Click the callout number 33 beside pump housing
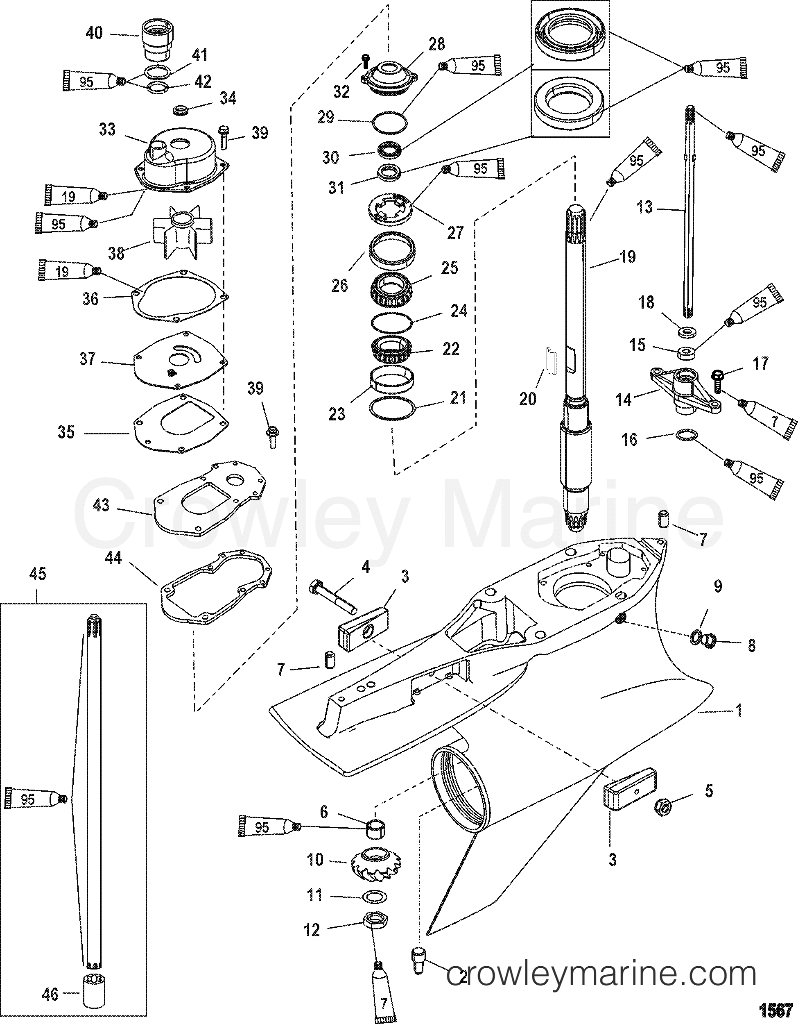107,129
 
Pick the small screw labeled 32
366,60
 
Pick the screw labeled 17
716,380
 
